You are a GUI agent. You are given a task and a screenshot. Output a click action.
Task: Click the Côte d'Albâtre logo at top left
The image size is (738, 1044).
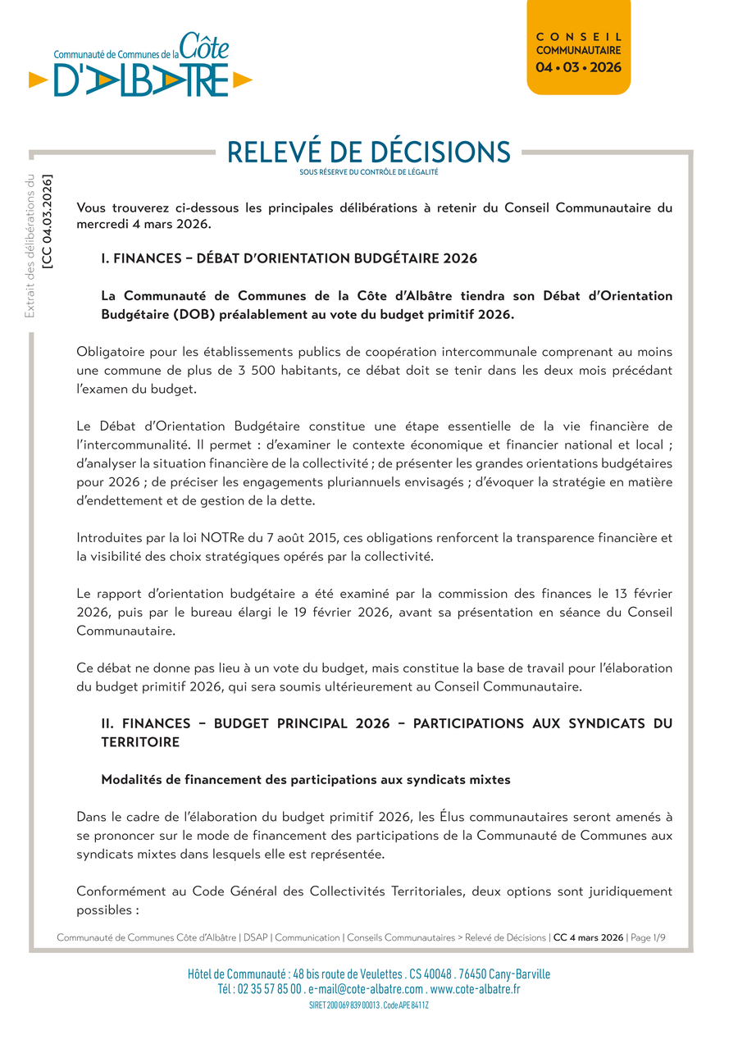[140, 66]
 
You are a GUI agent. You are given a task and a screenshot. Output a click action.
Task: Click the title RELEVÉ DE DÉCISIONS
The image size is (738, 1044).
[368, 152]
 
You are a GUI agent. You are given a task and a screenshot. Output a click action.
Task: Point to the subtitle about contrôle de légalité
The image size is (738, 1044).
[368, 172]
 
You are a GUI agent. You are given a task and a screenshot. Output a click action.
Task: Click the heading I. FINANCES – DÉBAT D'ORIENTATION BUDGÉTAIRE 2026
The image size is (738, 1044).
[289, 258]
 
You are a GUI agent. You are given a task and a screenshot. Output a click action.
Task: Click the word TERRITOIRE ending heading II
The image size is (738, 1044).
[140, 741]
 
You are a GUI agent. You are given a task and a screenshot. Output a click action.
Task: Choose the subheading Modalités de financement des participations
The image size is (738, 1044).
[305, 780]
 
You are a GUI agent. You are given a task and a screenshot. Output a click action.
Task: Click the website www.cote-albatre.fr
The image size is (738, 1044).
[475, 989]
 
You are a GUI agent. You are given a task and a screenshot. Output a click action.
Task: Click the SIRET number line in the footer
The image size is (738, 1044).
[368, 1005]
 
